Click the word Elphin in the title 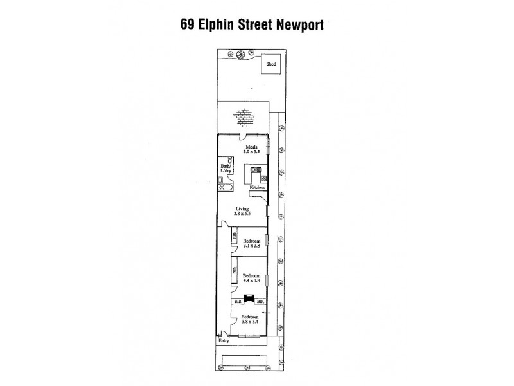click(215, 26)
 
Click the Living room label click(242, 209)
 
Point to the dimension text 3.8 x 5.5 click(242, 215)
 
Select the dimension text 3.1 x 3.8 click(251, 246)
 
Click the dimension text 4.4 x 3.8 click(251, 280)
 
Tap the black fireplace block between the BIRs click(247, 299)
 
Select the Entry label click(223, 341)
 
